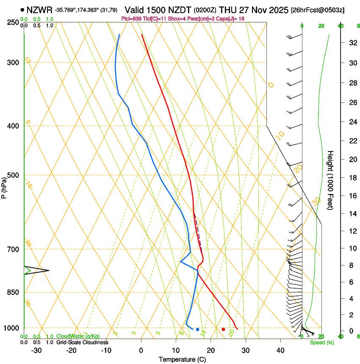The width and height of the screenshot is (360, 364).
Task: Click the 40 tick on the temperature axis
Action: pyautogui.click(x=280, y=350)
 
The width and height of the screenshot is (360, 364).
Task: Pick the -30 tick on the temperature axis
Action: pyautogui.click(x=36, y=350)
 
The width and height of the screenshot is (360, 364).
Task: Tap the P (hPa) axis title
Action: pyautogui.click(x=4, y=186)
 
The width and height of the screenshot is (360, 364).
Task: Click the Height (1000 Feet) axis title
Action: pyautogui.click(x=330, y=180)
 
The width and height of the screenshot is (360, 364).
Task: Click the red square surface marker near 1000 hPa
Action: pyautogui.click(x=224, y=329)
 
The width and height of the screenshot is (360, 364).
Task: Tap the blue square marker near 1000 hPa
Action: pyautogui.click(x=197, y=329)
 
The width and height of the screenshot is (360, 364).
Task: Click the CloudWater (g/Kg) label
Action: pyautogui.click(x=78, y=336)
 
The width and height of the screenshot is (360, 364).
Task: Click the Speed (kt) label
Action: pyautogui.click(x=321, y=342)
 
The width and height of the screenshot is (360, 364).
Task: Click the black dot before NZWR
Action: pyautogui.click(x=22, y=9)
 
